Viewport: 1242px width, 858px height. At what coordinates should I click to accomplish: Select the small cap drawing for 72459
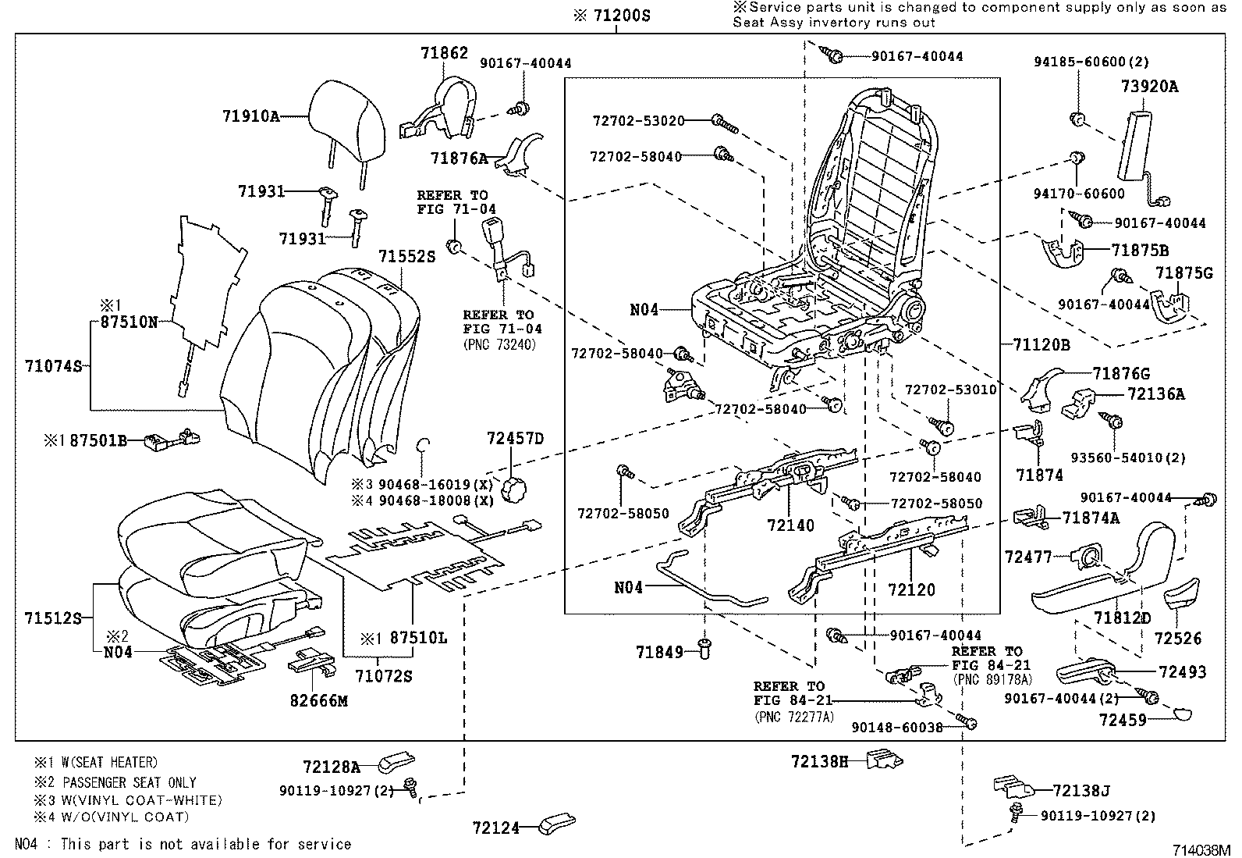click(x=1183, y=712)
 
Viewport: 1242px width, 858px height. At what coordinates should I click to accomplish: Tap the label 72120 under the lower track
click(x=911, y=589)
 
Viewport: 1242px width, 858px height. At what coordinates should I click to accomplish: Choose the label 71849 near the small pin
click(x=659, y=651)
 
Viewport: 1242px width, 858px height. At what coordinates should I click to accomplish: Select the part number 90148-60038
click(x=897, y=727)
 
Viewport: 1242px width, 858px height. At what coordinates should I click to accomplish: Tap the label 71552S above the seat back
click(x=406, y=256)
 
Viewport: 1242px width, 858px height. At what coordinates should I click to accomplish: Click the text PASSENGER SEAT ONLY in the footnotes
click(x=130, y=781)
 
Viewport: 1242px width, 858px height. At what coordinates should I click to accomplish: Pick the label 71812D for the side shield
click(x=1122, y=618)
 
